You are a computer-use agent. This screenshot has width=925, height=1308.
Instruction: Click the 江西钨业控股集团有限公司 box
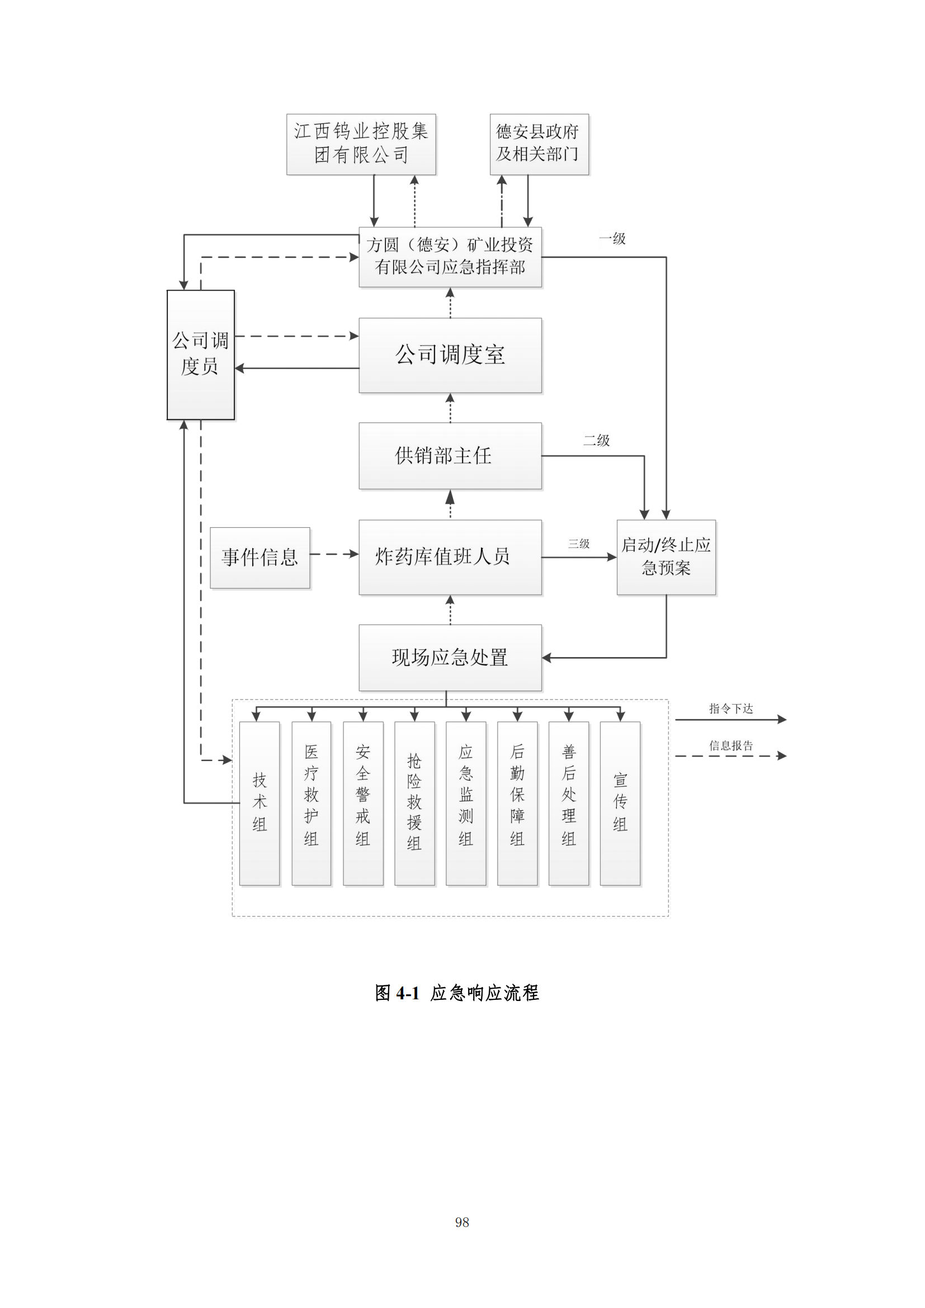pos(361,144)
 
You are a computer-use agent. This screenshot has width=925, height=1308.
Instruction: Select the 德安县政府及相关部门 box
pos(539,144)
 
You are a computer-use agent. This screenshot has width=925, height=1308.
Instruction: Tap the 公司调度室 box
pos(450,355)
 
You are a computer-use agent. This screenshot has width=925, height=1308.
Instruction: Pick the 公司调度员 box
pos(201,355)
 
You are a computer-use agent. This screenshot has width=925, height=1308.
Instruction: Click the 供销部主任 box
pos(450,455)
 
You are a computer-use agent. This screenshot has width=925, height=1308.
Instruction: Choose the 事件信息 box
pos(259,557)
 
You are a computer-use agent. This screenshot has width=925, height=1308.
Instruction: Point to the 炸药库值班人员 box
pos(450,556)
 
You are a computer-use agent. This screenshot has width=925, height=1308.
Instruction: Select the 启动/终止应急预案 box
pos(666,556)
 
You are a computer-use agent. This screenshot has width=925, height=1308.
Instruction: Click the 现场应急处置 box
pos(450,658)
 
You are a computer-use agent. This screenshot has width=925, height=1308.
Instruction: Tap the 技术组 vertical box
pos(259,802)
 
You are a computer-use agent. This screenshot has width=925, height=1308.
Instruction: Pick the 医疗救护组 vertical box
pos(311,802)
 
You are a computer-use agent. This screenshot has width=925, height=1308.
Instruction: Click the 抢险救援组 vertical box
pos(414,802)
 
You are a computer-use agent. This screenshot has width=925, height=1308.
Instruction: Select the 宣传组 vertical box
pos(620,802)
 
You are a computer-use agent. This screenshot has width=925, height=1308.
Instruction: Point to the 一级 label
pos(612,239)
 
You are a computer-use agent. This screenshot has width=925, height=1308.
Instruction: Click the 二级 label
pos(596,440)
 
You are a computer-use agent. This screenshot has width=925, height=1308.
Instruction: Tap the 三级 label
pos(579,544)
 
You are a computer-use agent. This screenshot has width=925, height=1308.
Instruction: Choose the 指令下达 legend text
pos(731,709)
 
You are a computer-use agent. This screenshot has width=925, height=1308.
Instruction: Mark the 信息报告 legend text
pos(731,746)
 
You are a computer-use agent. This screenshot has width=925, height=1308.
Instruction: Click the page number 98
pos(462,1222)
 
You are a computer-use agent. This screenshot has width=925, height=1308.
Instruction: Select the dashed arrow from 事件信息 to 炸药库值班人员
pos(334,554)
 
